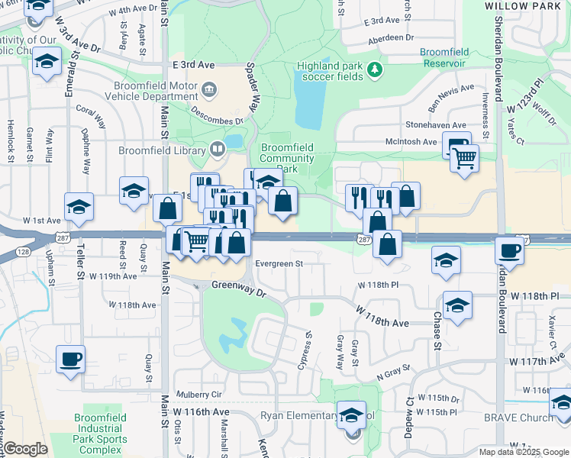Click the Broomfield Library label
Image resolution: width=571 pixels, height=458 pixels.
(161, 150)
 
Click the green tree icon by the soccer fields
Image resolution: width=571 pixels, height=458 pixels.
(374, 70)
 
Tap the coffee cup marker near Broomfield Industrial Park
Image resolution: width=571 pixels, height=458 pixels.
(70, 358)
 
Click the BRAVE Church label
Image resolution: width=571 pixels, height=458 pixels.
(518, 418)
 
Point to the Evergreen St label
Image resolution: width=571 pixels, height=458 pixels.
(279, 263)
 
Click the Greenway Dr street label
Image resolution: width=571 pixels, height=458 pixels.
(238, 291)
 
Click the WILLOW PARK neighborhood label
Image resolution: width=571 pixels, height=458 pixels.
(523, 5)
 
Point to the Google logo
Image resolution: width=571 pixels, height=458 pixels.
(25, 449)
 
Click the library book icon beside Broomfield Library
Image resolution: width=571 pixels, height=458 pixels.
(217, 148)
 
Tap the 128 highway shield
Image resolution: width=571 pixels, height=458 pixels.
(24, 251)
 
